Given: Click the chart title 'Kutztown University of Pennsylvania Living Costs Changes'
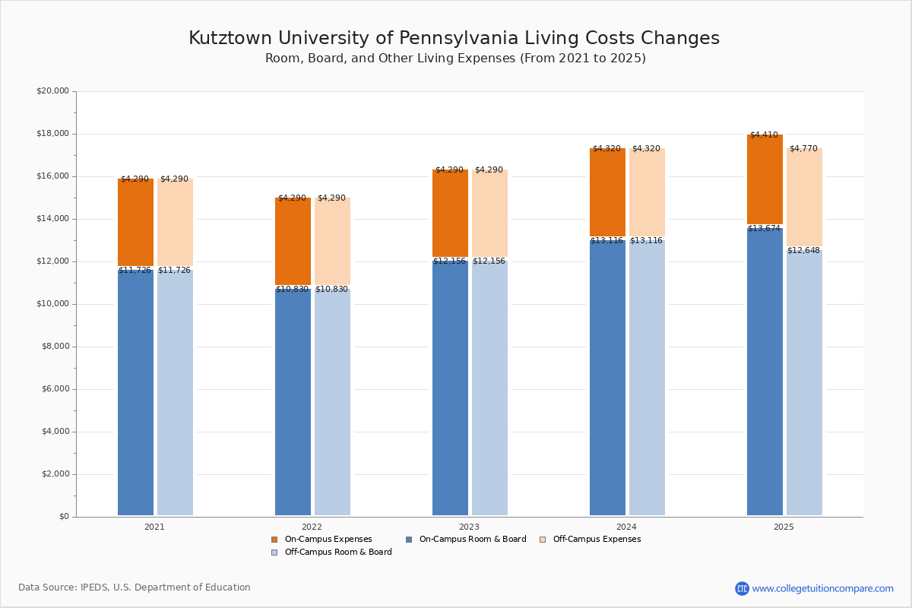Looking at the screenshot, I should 454,39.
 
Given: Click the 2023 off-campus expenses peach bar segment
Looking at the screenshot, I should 489,214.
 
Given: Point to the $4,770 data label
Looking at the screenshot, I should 803,149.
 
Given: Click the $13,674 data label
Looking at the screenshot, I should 764,229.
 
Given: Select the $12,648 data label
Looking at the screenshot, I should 803,251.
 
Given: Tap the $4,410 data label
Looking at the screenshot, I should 764,135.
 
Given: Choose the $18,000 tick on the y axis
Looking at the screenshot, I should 52,134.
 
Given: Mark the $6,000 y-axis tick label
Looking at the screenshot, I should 55,389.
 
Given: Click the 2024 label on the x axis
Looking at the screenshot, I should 626,527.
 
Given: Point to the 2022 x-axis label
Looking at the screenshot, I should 312,527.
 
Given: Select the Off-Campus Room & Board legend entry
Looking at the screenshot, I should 338,553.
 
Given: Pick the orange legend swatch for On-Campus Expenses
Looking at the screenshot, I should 274,540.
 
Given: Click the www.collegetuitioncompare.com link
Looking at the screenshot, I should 822,588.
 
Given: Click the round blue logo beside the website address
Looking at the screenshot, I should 742,588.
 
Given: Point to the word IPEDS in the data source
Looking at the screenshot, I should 97,587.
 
